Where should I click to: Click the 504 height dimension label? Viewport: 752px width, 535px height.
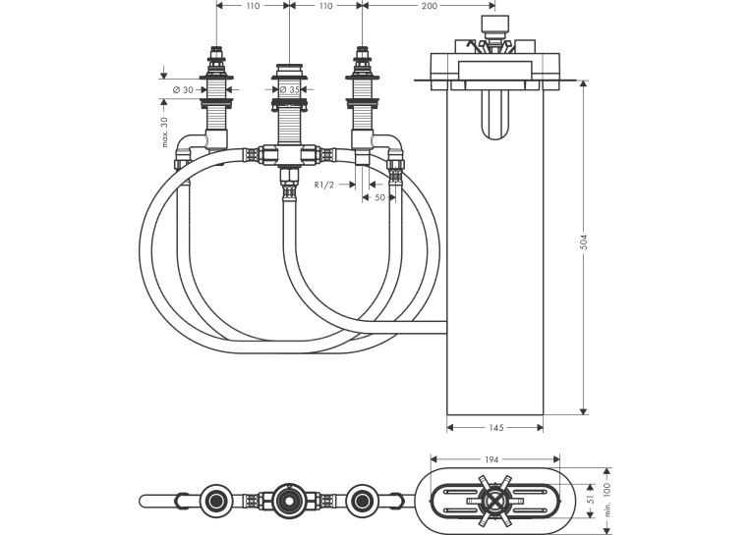tap(583, 241)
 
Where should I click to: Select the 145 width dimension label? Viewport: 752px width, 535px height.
tap(495, 427)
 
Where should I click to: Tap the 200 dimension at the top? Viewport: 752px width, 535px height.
tap(429, 6)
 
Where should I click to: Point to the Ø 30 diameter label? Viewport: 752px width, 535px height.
tap(183, 89)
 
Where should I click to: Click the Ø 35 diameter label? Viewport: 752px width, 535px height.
tap(289, 89)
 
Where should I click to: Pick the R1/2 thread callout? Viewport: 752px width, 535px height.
tap(323, 185)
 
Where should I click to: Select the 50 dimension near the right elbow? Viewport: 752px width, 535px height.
tap(379, 197)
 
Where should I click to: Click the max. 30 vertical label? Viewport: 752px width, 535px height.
tap(164, 132)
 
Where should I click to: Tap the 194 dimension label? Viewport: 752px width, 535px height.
tap(492, 459)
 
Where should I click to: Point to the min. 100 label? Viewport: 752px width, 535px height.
tap(607, 500)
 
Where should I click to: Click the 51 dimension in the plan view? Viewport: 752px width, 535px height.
tap(591, 499)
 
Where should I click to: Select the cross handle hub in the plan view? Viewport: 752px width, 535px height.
tap(494, 501)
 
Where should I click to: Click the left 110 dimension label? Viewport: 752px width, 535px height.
tap(253, 6)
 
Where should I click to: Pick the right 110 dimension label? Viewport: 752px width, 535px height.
tap(325, 6)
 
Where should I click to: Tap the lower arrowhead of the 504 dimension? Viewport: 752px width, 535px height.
tap(583, 410)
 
